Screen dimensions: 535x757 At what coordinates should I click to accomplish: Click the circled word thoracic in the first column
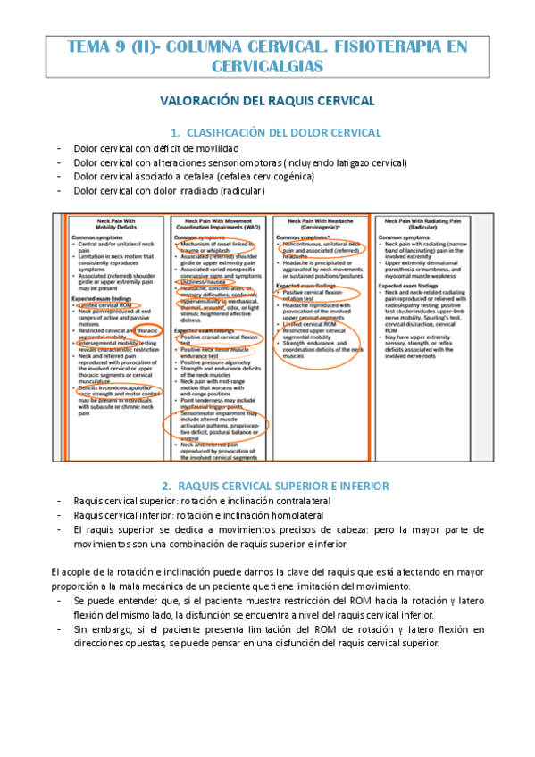tap(140, 330)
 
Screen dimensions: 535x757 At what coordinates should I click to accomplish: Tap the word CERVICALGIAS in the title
tap(269, 66)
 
